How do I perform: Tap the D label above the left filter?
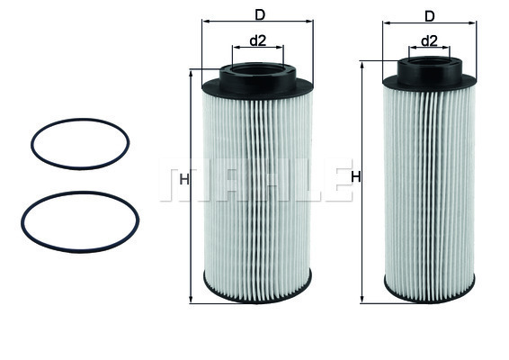(x=260, y=13)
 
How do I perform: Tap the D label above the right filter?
(x=429, y=15)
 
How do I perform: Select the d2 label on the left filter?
(x=257, y=40)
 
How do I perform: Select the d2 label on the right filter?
(x=429, y=40)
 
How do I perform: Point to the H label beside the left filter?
(x=183, y=179)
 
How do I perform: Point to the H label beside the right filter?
(x=355, y=177)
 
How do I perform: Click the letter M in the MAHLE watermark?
(x=177, y=182)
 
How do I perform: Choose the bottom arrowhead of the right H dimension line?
(x=362, y=298)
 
